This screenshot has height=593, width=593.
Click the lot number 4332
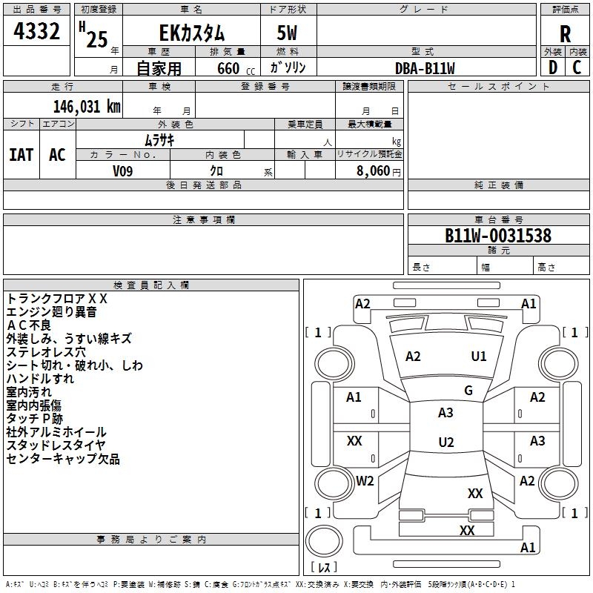pos(37,33)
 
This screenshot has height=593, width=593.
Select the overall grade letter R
pos(566,34)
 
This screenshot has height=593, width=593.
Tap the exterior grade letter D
pos(552,67)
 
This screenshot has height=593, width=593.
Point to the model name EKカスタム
pos(192,33)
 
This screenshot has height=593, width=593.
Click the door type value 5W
pos(288,33)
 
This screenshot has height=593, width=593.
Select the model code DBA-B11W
pos(425,68)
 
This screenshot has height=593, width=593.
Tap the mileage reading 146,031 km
pos(87,106)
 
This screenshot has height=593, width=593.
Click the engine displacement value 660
pos(228,69)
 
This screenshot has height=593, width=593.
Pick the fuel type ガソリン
pos(288,68)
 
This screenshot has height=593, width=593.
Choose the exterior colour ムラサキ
pos(159,139)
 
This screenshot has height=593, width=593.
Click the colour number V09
pos(124,171)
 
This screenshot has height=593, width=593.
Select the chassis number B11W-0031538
pos(497,236)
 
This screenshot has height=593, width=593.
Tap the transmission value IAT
pos(21,155)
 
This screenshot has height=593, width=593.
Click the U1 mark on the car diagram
pos(479,357)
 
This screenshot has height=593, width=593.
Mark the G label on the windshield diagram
pos(468,391)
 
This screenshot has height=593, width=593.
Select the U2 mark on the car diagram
pos(445,443)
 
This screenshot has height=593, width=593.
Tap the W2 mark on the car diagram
pos(365,481)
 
